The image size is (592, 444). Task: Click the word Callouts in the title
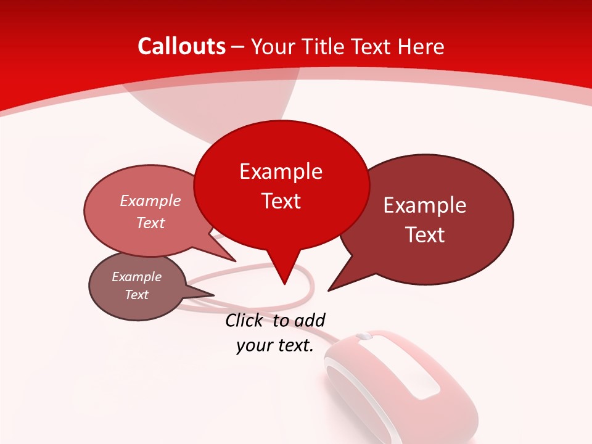(x=182, y=46)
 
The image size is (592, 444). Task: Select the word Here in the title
(x=422, y=47)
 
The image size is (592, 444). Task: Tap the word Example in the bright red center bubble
(x=281, y=171)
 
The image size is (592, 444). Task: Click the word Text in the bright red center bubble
(x=281, y=201)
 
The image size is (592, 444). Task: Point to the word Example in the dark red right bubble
(x=425, y=205)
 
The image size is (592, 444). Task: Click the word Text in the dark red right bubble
(x=425, y=235)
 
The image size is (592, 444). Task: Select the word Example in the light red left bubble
(x=150, y=200)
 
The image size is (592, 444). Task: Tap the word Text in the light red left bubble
(x=150, y=223)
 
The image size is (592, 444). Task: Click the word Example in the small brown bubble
(x=136, y=277)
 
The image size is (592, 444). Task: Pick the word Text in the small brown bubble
(x=136, y=295)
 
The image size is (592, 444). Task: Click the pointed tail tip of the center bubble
(x=284, y=284)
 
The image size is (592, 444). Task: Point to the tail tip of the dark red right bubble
(x=329, y=290)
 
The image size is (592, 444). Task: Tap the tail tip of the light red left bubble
(x=235, y=261)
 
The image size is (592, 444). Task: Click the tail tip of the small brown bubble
(x=213, y=295)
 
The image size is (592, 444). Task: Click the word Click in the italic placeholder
(x=245, y=320)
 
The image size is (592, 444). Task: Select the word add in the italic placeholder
(x=310, y=320)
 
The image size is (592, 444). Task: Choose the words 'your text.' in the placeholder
(x=275, y=345)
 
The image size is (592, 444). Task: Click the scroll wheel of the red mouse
(x=364, y=337)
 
